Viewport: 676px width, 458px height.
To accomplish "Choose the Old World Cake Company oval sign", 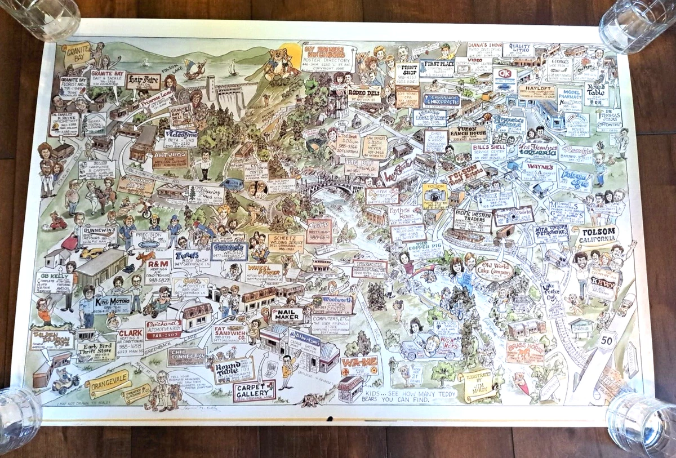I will click(x=494, y=270).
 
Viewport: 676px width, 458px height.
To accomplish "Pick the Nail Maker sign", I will click(x=287, y=315).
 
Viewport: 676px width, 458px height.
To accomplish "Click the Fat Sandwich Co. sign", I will click(x=230, y=334).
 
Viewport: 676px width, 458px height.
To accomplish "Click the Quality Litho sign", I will click(x=518, y=50).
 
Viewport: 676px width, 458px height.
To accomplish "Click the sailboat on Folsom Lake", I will click(x=233, y=69).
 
